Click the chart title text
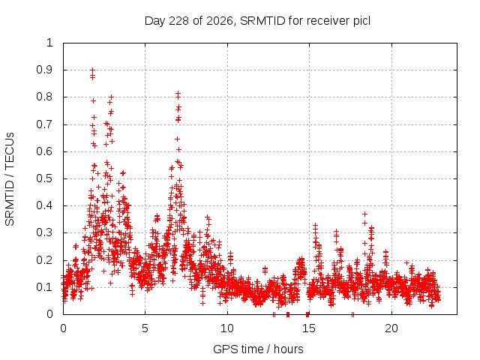[257, 21]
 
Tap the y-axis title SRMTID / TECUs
[10, 179]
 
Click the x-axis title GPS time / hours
[258, 349]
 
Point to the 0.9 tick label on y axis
[44, 70]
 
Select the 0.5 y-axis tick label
[44, 178]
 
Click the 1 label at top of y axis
[49, 43]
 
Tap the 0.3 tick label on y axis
[44, 232]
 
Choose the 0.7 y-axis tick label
[44, 124]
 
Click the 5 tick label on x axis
[145, 328]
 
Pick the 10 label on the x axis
[227, 328]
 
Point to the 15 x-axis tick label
[309, 328]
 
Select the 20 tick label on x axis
[391, 328]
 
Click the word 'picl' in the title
[361, 21]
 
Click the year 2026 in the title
[220, 21]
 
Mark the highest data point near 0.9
[92, 70]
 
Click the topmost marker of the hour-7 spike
[178, 93]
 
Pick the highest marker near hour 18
[364, 214]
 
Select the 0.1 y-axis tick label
[44, 287]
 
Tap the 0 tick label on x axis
[63, 328]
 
